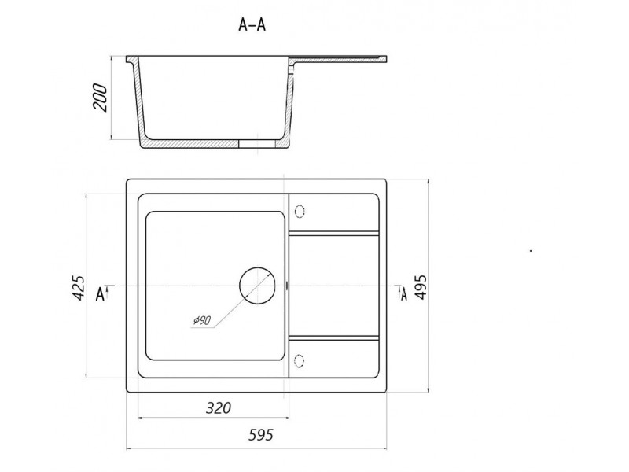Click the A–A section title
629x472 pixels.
[252, 25]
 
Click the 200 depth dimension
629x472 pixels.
[100, 98]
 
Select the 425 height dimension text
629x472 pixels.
[78, 288]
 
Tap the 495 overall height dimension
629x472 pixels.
[421, 287]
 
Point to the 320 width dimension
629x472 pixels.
[219, 407]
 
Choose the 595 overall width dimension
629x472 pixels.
[261, 435]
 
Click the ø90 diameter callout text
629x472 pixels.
[202, 320]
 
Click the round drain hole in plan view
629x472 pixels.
[257, 285]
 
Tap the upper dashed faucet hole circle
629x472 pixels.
[300, 211]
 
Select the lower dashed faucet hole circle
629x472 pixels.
[300, 361]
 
